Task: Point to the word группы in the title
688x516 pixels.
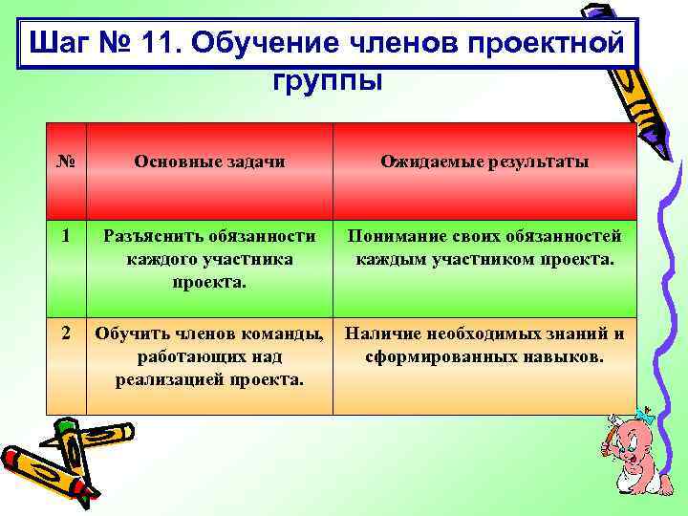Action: pos(328,79)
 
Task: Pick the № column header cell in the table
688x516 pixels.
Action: pos(66,161)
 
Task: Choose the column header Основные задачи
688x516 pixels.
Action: pos(209,161)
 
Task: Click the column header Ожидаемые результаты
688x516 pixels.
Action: pos(484,161)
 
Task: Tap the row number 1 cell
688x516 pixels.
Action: pos(66,235)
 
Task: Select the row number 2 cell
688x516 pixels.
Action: pos(66,333)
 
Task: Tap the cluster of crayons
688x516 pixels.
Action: pos(62,459)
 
